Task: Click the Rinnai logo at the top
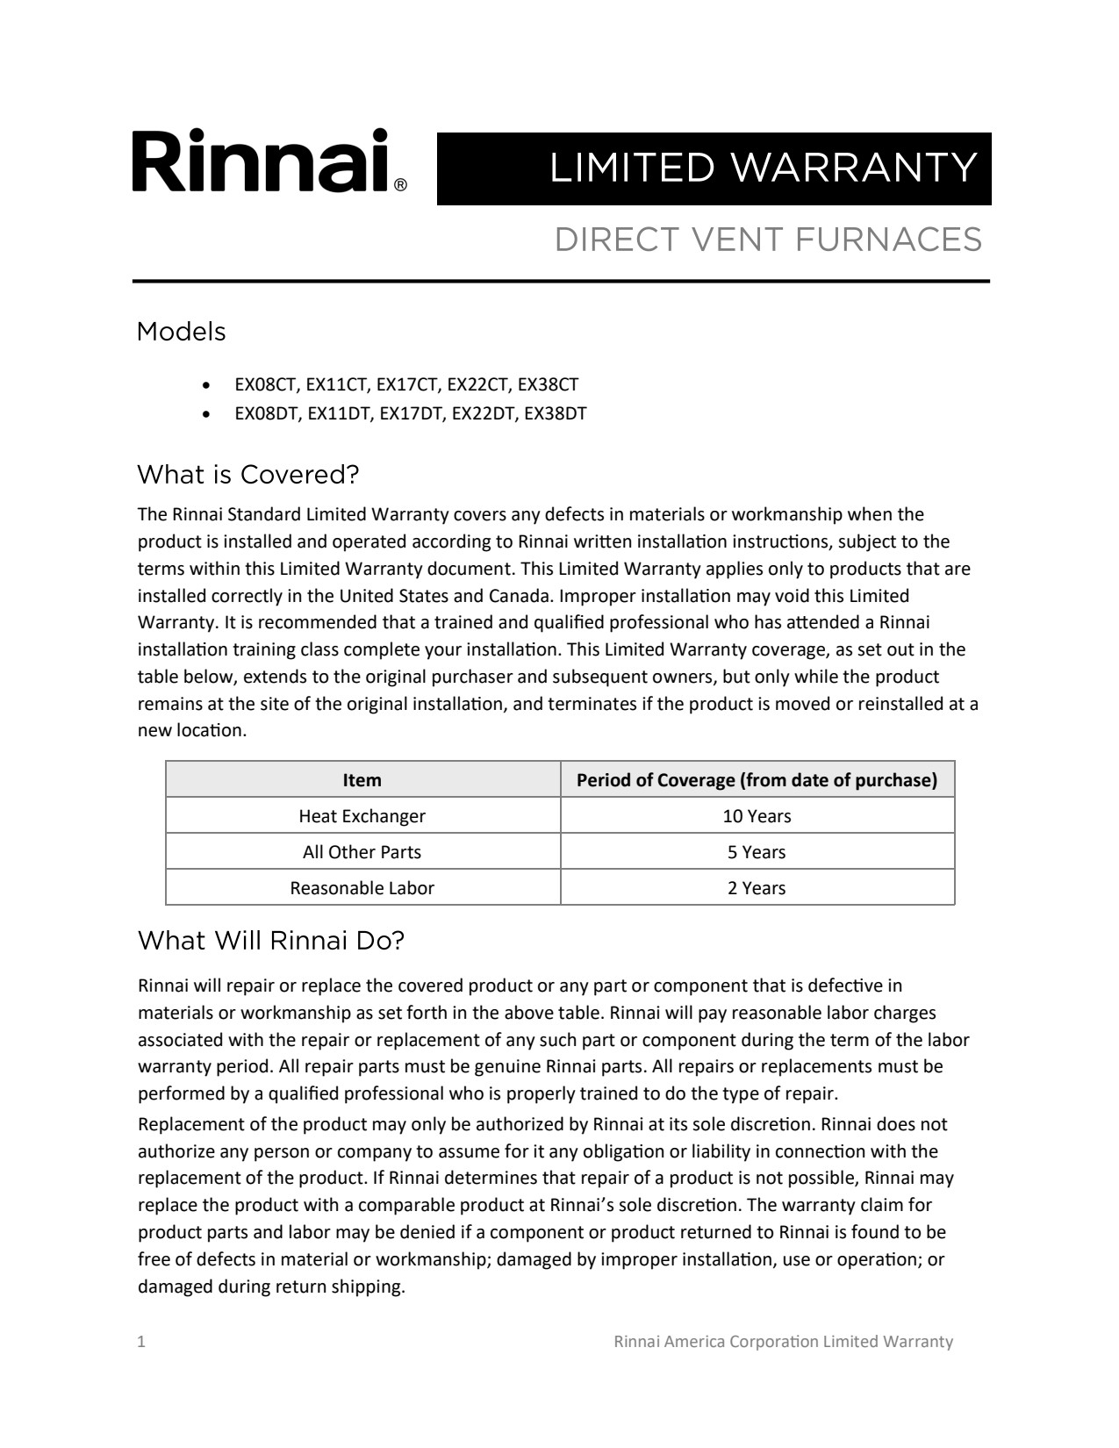tap(262, 161)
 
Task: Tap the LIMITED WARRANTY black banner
tap(714, 168)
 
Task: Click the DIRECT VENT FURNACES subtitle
tap(768, 240)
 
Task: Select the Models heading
tap(182, 332)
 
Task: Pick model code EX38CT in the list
tap(548, 384)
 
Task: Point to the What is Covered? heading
tap(248, 475)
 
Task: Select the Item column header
tap(362, 780)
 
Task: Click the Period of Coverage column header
tap(757, 780)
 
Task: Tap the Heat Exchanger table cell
tap(362, 816)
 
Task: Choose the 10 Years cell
tap(757, 816)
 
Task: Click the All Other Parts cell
tap(362, 852)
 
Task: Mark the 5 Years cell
tap(757, 852)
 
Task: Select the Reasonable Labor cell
tap(362, 888)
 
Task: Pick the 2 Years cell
tap(757, 888)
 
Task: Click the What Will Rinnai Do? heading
tap(271, 941)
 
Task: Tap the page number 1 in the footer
tap(141, 1342)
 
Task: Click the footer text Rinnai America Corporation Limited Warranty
tap(783, 1342)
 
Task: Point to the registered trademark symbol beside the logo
tap(400, 185)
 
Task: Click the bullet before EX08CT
tap(205, 385)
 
